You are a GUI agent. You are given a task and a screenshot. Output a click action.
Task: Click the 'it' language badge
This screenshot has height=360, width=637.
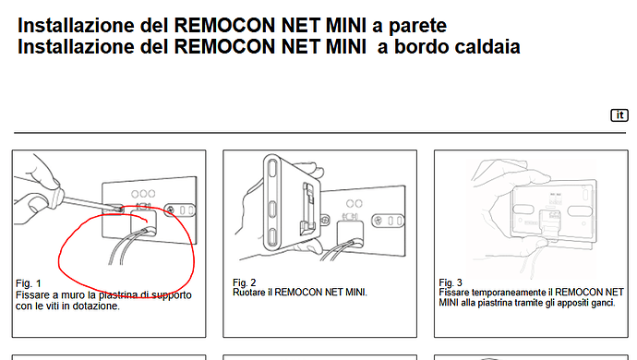point(619,115)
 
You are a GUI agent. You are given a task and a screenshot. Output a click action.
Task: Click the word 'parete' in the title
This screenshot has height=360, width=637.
point(417,26)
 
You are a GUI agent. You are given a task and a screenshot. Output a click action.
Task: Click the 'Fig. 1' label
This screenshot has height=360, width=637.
point(28,283)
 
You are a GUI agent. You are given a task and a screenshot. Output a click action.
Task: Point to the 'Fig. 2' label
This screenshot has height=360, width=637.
point(244,282)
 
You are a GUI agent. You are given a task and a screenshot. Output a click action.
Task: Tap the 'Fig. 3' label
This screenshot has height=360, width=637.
point(451,282)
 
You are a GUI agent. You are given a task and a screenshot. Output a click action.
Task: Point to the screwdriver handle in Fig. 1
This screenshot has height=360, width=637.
point(54,197)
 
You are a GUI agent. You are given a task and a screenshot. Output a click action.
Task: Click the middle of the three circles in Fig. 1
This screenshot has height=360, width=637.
point(143,194)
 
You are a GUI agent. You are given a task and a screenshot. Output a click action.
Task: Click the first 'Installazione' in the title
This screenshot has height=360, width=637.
point(76,26)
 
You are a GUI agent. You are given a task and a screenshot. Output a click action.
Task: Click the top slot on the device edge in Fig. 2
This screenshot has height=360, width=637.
point(272,169)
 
